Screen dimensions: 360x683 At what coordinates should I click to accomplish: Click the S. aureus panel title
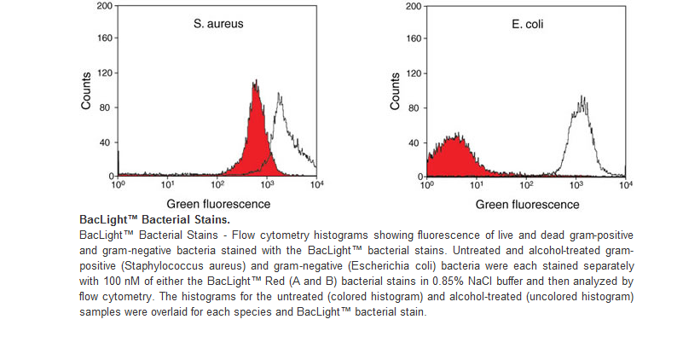[218, 25]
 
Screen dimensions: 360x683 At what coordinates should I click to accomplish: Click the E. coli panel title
[528, 25]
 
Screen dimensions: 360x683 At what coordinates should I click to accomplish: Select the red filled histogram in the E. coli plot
[457, 159]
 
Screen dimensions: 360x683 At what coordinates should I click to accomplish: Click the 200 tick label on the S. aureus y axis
[104, 5]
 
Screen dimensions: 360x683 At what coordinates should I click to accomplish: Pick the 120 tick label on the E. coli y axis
[414, 73]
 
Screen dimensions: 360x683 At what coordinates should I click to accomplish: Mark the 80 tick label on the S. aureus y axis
[107, 107]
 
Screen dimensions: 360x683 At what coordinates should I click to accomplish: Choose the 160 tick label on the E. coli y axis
[414, 39]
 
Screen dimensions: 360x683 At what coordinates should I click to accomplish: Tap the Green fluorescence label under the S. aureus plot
[218, 205]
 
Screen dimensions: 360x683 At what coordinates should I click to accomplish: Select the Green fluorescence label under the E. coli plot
[528, 205]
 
